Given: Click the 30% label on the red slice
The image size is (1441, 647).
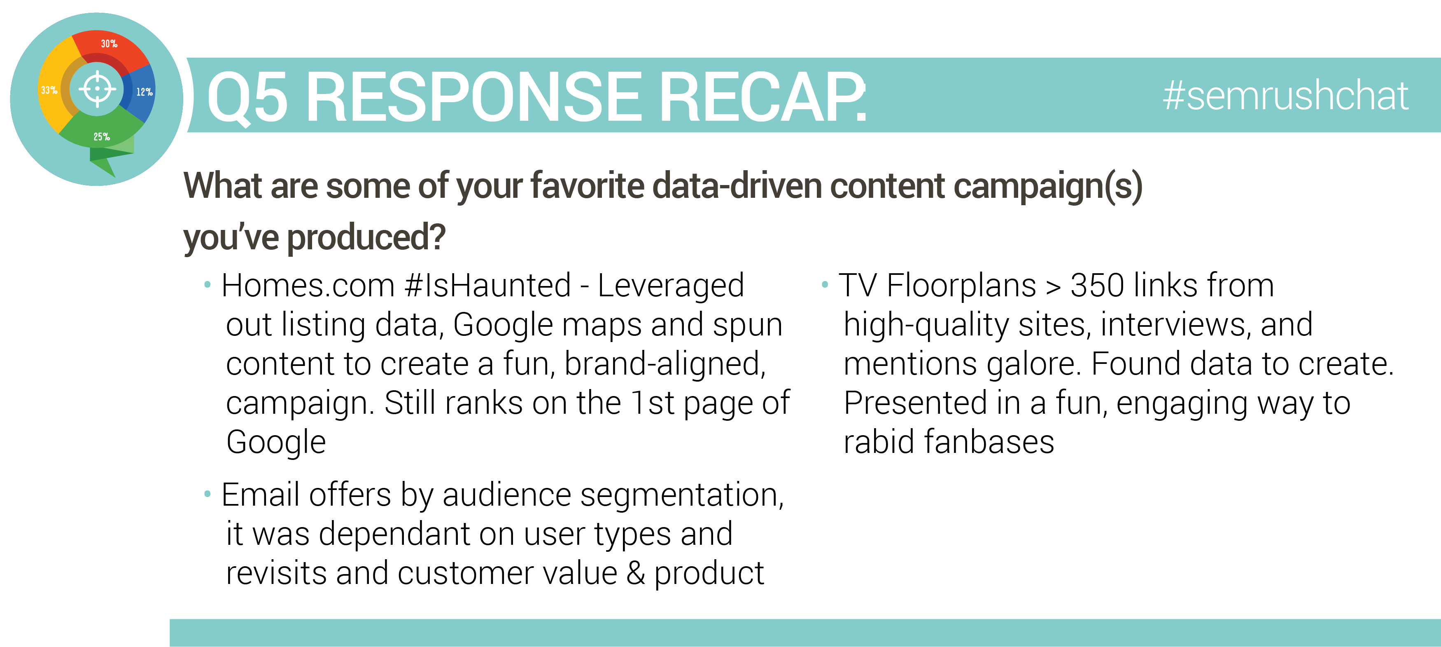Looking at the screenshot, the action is tap(109, 44).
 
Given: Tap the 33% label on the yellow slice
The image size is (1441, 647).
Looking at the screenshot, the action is tap(49, 90).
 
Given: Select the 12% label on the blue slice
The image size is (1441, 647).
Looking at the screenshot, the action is tap(145, 92).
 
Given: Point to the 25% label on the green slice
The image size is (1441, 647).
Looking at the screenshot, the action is tap(101, 136).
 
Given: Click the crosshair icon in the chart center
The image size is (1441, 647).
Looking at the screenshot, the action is tap(97, 89).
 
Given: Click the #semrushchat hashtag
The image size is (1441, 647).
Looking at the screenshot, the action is tap(1285, 96).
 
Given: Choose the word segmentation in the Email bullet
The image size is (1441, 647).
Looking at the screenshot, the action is tap(682, 496).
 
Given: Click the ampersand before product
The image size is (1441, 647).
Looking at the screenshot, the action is tap(635, 573).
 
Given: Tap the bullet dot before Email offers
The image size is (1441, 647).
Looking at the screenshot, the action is tap(208, 494).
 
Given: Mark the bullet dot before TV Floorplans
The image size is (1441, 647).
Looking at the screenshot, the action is tap(825, 284).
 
